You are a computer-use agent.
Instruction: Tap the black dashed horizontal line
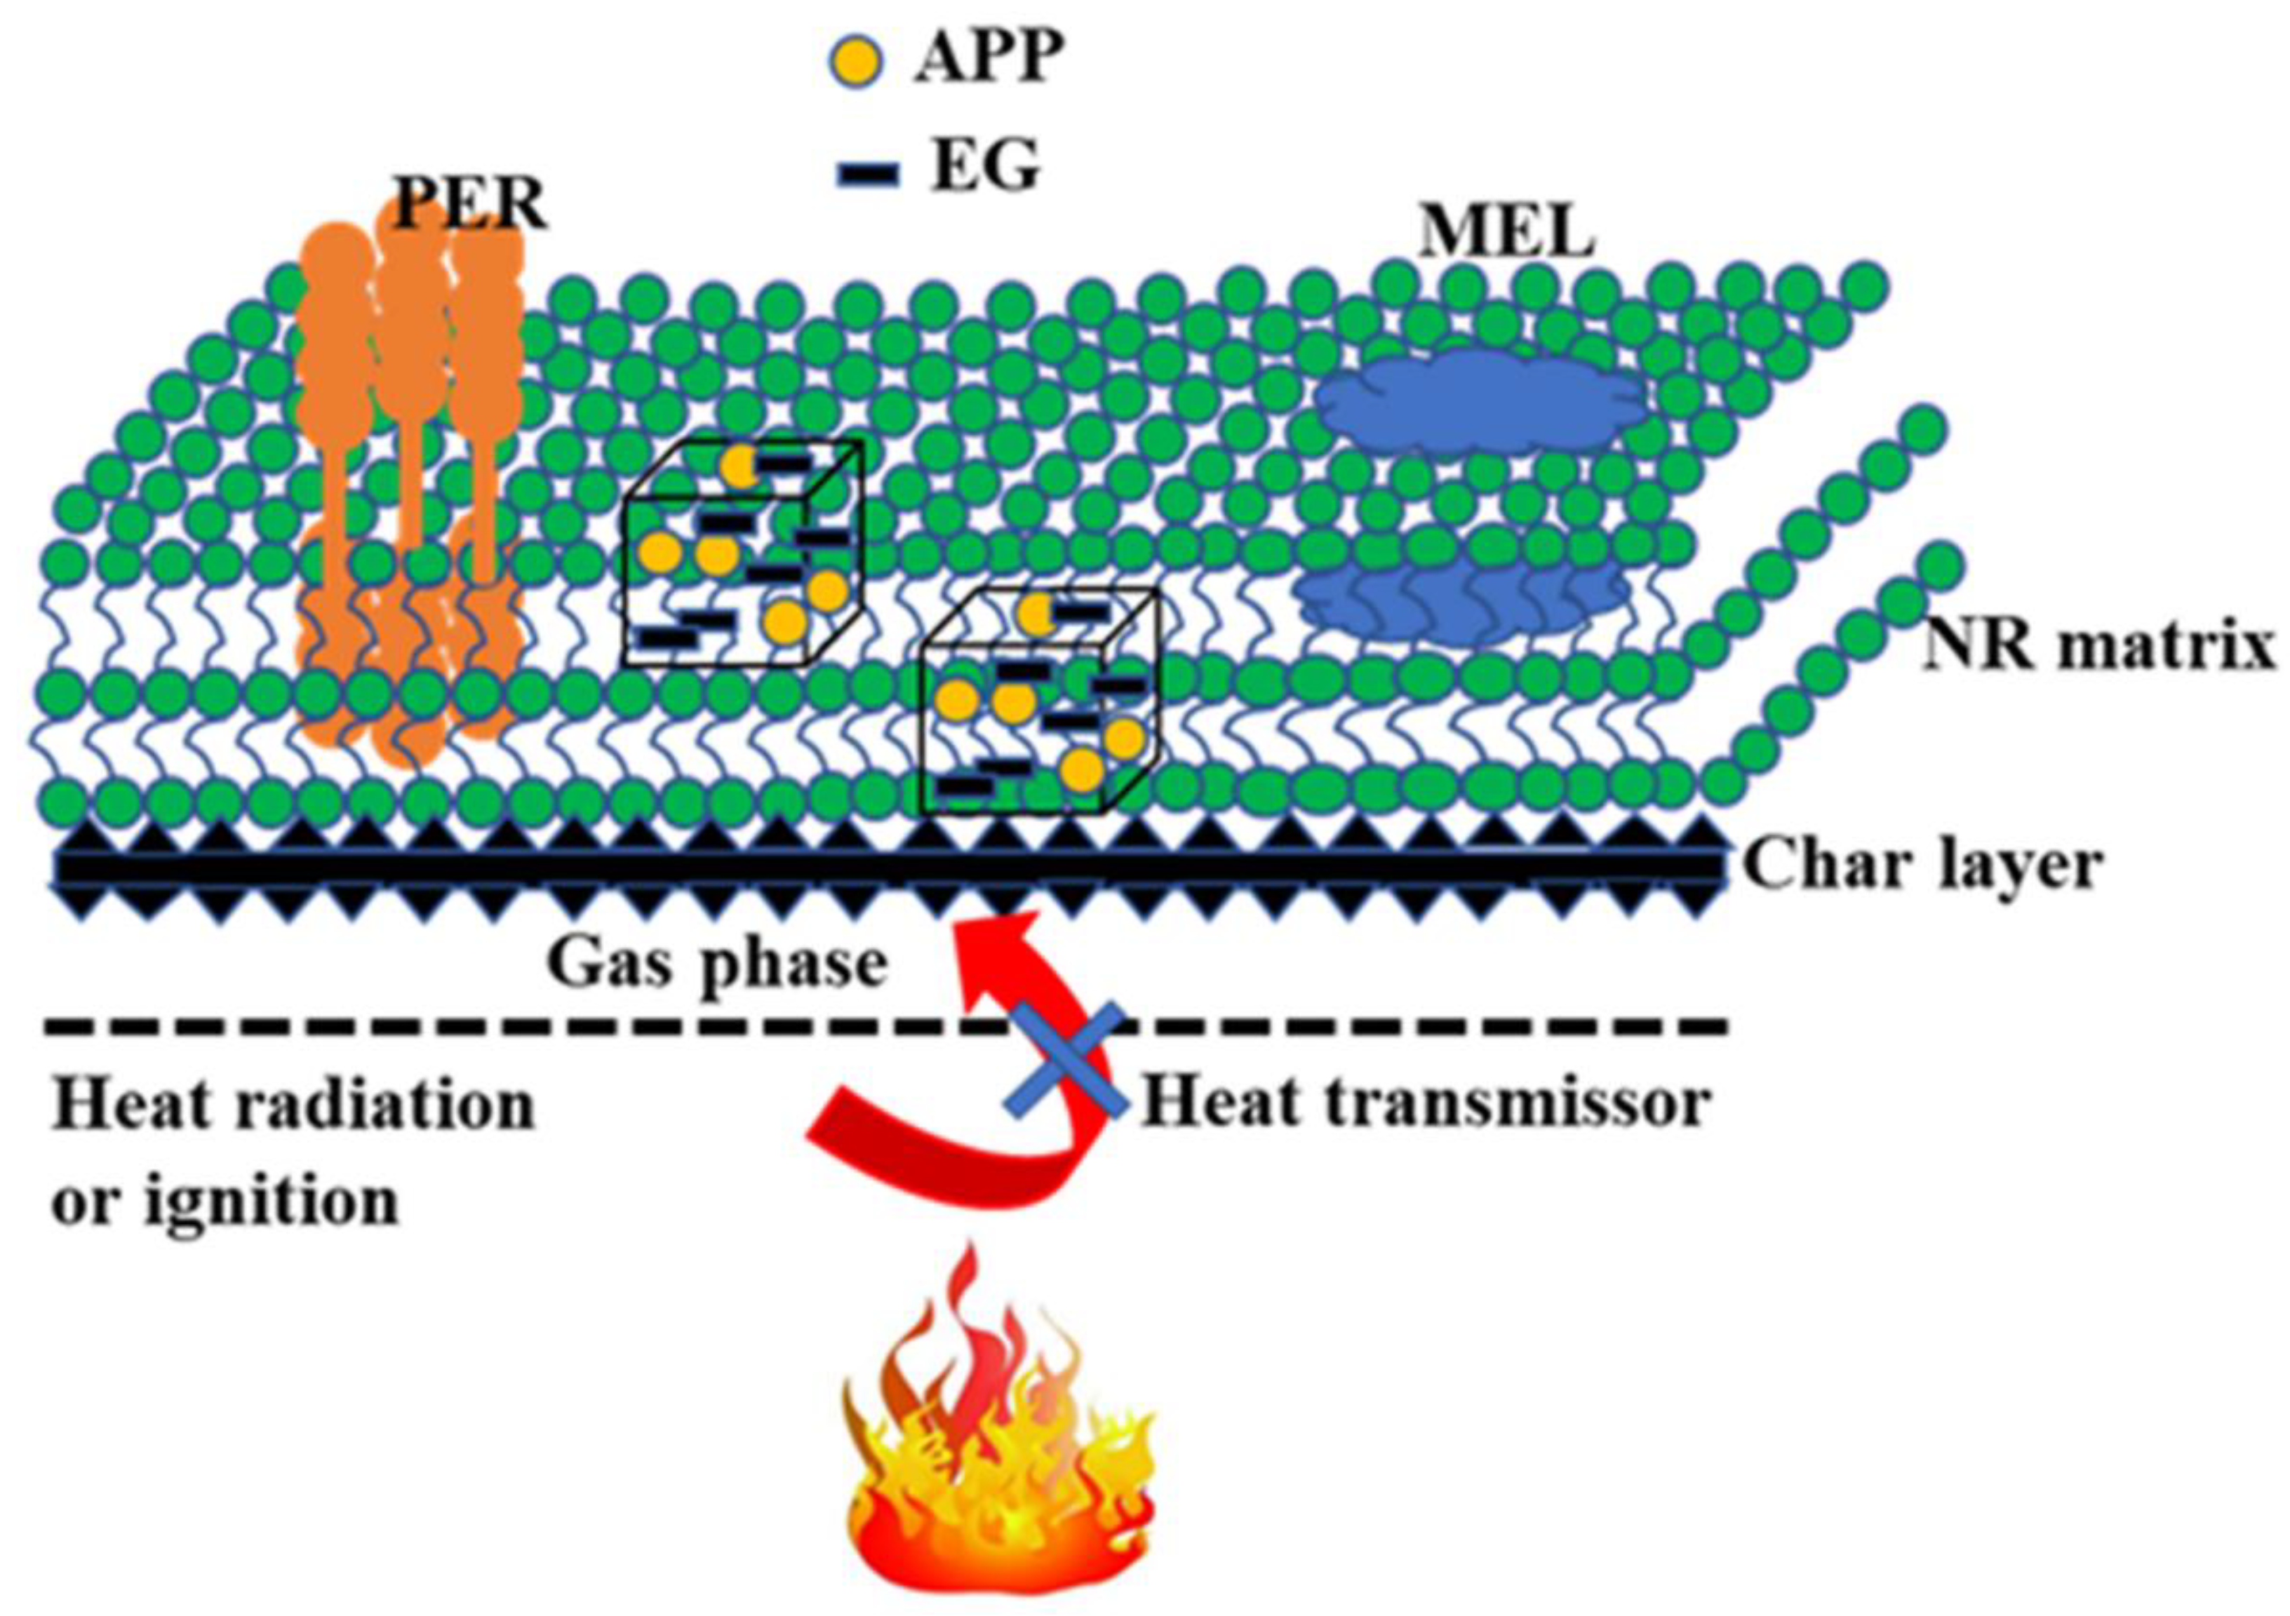(499, 1026)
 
